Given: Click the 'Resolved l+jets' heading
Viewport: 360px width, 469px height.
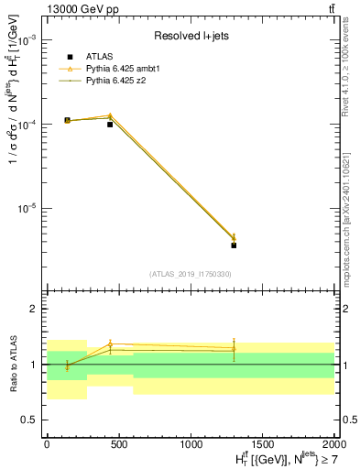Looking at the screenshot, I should (x=191, y=37).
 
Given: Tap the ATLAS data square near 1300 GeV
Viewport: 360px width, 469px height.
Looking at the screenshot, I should (x=234, y=245).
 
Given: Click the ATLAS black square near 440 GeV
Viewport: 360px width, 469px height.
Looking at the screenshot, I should (x=110, y=124).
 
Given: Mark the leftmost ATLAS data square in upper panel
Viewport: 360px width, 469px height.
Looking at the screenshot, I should (x=67, y=120).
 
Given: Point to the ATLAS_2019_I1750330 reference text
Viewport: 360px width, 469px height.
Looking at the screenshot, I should (x=191, y=274).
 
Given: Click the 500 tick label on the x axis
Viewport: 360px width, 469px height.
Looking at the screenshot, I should (x=118, y=442).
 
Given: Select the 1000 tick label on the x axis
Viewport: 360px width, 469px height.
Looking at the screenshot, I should (x=191, y=442).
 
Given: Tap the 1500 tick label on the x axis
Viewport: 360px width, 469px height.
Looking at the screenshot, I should (x=263, y=442).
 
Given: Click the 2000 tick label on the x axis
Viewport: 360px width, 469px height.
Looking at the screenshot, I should (x=334, y=442).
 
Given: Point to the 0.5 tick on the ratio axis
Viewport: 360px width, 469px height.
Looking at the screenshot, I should (x=32, y=420).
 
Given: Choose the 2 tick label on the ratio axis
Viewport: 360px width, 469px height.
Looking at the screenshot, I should (x=37, y=310).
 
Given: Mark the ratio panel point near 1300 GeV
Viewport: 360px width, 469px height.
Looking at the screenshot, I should (x=234, y=348).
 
